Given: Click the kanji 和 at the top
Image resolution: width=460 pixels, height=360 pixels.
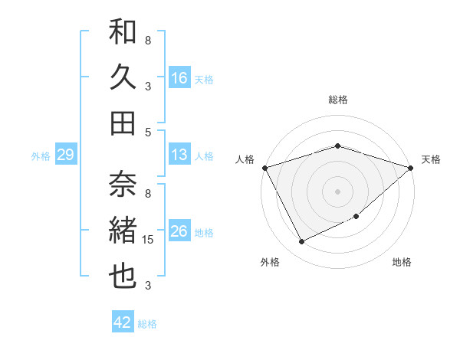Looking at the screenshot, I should click(x=123, y=32).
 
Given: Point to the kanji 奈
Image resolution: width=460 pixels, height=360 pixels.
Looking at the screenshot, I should click(x=123, y=184).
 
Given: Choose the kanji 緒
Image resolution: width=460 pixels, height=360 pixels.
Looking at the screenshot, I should click(x=123, y=230).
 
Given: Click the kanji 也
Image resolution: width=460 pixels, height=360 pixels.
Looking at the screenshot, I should click(x=123, y=277).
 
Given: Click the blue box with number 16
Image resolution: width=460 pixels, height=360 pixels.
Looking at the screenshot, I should click(x=179, y=77).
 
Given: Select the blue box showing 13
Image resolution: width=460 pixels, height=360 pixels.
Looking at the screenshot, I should click(x=179, y=155).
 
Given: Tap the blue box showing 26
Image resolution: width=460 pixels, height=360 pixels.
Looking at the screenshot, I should click(x=179, y=231).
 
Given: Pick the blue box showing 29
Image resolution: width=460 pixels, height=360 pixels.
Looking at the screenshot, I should click(x=65, y=155).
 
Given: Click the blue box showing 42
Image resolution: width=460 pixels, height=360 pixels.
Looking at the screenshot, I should click(x=123, y=322).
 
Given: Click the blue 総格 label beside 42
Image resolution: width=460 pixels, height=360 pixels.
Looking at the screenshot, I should click(x=147, y=324).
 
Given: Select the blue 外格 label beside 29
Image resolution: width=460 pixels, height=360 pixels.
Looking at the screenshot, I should click(x=41, y=156).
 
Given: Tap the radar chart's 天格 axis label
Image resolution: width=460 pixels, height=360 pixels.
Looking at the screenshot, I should click(x=431, y=159).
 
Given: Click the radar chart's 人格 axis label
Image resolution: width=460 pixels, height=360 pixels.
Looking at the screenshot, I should click(x=245, y=159).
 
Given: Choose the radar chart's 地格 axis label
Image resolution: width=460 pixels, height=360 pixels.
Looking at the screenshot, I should click(x=402, y=262).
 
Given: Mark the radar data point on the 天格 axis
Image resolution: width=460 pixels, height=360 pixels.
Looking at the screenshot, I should click(x=411, y=168).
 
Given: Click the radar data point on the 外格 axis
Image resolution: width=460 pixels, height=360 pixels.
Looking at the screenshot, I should click(x=301, y=242).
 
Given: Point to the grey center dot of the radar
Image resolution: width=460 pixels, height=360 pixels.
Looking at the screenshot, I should click(x=337, y=191).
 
